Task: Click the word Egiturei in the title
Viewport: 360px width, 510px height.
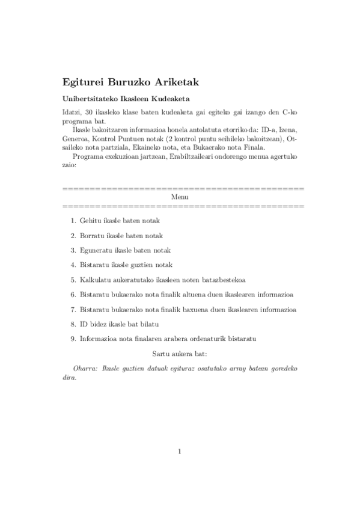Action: coord(81,81)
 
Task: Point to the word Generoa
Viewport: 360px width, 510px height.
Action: coord(76,138)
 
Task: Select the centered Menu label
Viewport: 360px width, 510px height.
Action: coord(180,197)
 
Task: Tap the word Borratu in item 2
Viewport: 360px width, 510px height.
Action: coord(91,236)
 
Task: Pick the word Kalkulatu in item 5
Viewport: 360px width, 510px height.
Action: coord(94,280)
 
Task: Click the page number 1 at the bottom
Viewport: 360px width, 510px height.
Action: coord(180,452)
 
